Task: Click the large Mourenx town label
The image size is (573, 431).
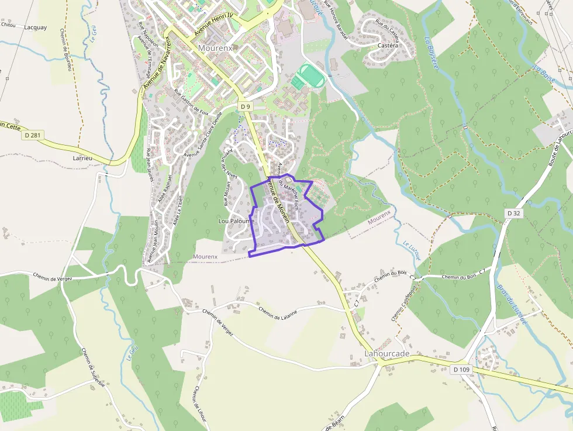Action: point(216,47)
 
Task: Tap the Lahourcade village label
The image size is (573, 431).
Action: point(386,354)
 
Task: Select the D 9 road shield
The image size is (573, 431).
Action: point(245,106)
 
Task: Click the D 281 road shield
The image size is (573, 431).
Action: point(33,135)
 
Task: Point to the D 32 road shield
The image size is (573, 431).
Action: point(513,213)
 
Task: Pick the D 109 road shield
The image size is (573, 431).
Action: point(461,369)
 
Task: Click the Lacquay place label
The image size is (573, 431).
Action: point(36,27)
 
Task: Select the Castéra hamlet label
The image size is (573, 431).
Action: point(388,45)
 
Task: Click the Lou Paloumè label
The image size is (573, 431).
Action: point(236,221)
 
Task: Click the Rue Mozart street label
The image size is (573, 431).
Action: point(227,193)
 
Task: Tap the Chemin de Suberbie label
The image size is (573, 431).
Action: point(92,368)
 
